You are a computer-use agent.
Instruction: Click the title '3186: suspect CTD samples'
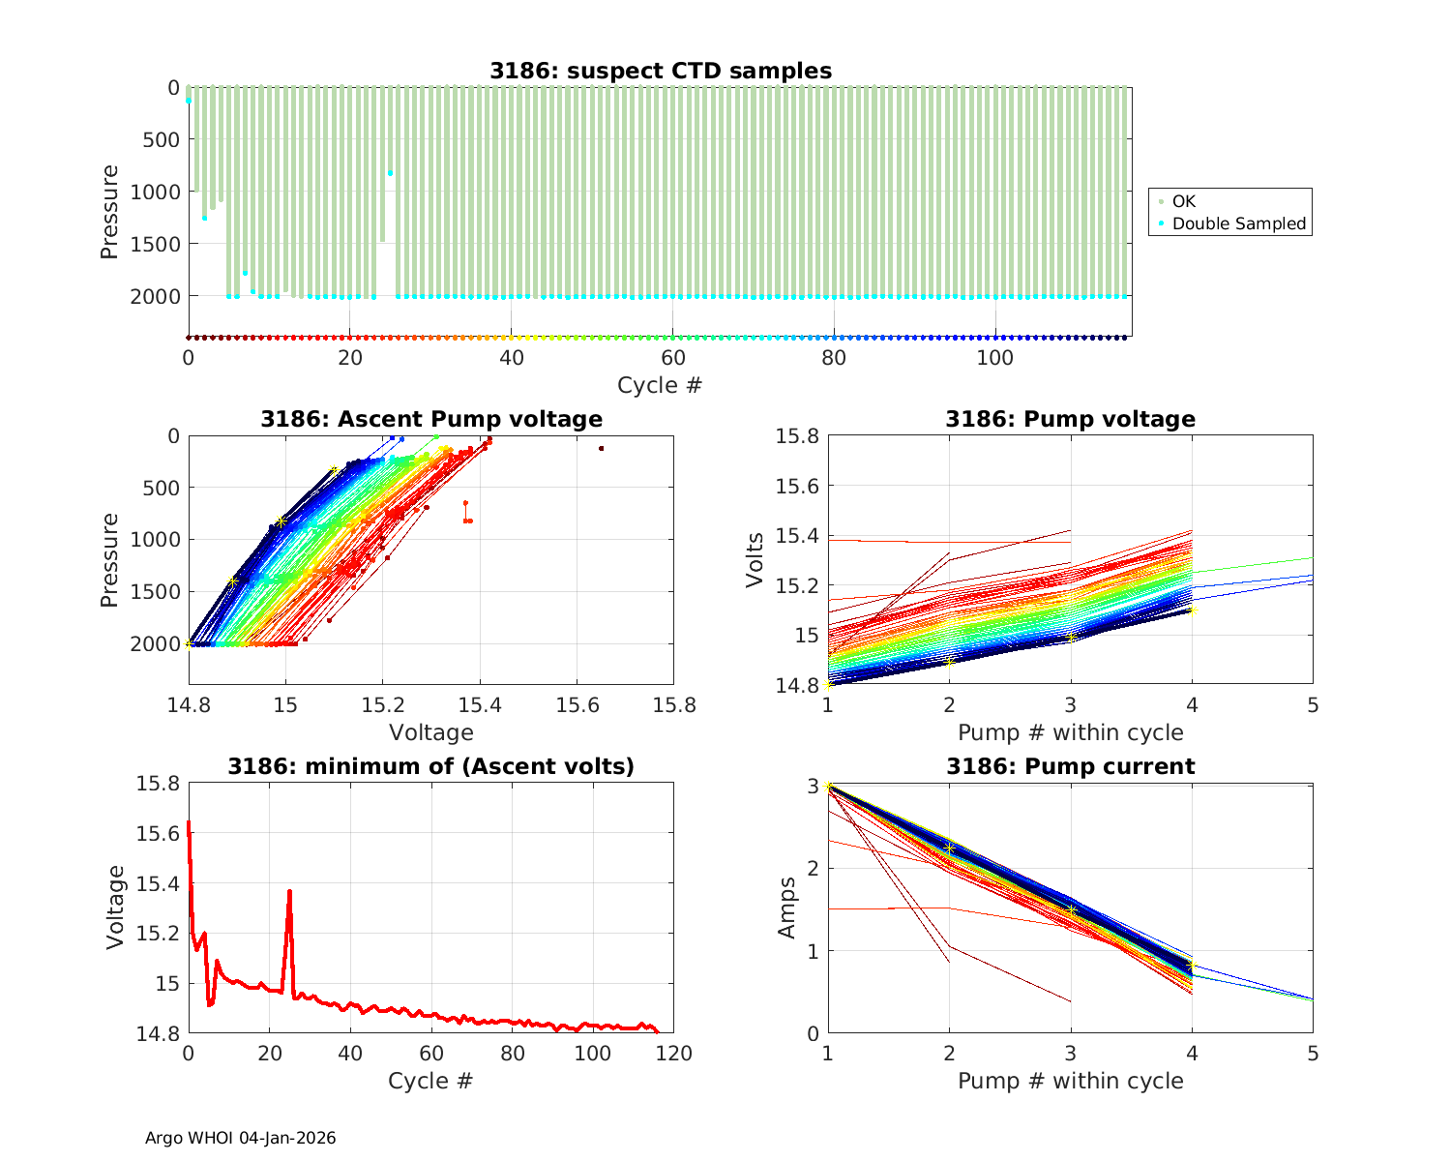pos(660,71)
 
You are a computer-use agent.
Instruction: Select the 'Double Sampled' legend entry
pos(1238,223)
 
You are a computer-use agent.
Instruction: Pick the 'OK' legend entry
pos(1183,201)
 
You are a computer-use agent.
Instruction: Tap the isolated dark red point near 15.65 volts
pos(601,448)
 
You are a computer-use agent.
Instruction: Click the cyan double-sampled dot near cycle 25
pos(390,173)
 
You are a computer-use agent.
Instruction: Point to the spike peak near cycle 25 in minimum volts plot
pos(289,891)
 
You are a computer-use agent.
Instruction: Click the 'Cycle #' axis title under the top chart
pos(660,385)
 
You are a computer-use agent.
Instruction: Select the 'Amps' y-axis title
pos(788,908)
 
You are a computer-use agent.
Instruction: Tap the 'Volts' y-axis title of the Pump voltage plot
pos(755,560)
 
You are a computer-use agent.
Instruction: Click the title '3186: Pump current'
pos(1070,766)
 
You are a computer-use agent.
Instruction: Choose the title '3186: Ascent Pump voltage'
pos(430,419)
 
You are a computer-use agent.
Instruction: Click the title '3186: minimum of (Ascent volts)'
pos(430,766)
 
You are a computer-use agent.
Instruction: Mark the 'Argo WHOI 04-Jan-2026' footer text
pos(240,1138)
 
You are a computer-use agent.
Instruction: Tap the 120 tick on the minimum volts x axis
pos(673,1053)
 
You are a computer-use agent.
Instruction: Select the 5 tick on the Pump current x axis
pos(1313,1053)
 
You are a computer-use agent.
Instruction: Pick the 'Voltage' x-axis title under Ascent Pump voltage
pos(430,732)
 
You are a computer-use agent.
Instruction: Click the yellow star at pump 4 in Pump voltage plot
pos(1192,610)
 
